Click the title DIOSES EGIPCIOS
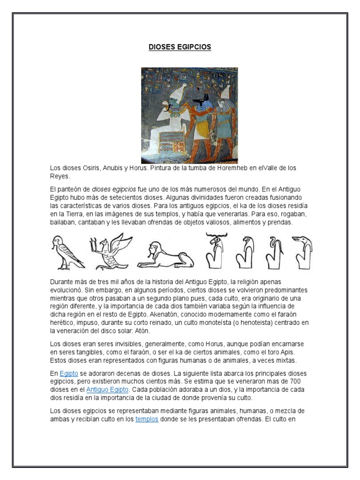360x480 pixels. point(180,47)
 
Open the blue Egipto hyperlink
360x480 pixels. point(68,374)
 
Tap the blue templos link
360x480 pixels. point(147,419)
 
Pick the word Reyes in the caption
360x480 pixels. point(60,176)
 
